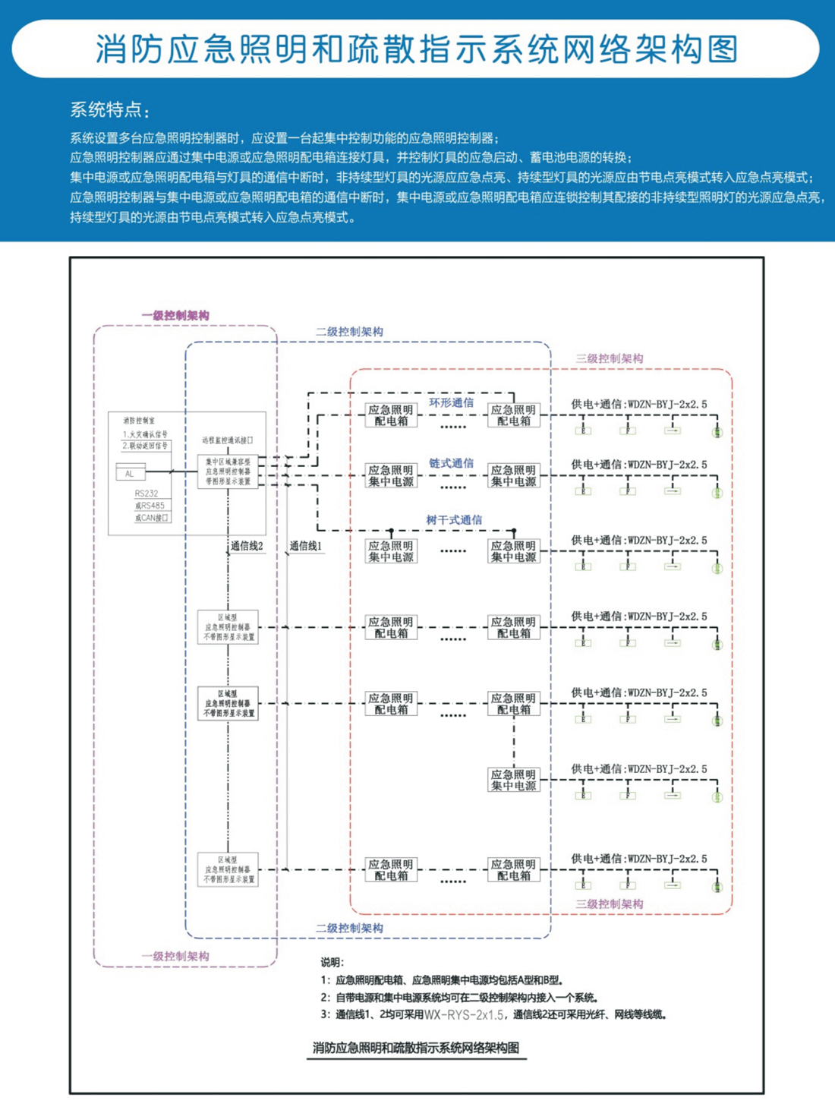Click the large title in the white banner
pyautogui.click(x=417, y=49)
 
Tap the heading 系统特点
pyautogui.click(x=109, y=110)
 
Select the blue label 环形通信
pyautogui.click(x=451, y=402)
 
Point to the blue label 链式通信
pyautogui.click(x=451, y=463)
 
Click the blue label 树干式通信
pyautogui.click(x=454, y=520)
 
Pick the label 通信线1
pyautogui.click(x=306, y=546)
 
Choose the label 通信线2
pyautogui.click(x=247, y=546)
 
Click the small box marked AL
pyautogui.click(x=130, y=473)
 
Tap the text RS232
pyautogui.click(x=147, y=494)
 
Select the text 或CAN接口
pyautogui.click(x=152, y=518)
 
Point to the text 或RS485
pyautogui.click(x=150, y=506)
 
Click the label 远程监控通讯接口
pyautogui.click(x=228, y=440)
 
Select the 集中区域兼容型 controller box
pyautogui.click(x=228, y=471)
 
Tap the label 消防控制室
pyautogui.click(x=139, y=420)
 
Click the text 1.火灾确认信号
pyautogui.click(x=145, y=434)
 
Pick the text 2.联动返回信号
pyautogui.click(x=145, y=446)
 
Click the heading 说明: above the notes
pyautogui.click(x=332, y=962)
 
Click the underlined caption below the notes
pyautogui.click(x=416, y=1048)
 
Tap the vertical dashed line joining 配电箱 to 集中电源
pyautogui.click(x=514, y=742)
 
